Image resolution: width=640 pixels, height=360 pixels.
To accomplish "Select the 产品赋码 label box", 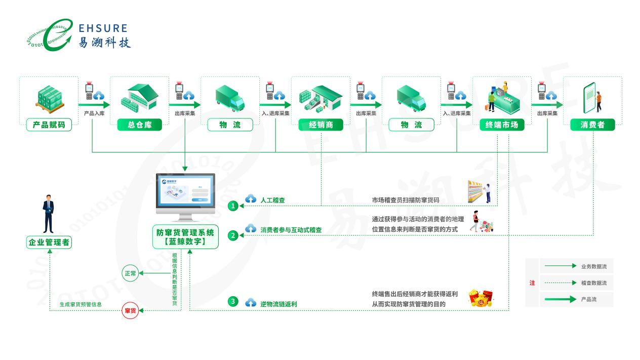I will (49, 125).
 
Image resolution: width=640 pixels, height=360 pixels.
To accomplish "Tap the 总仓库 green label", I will (139, 125).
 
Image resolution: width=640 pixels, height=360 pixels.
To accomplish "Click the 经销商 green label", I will (321, 125).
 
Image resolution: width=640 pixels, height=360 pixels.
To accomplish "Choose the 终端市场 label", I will (502, 125).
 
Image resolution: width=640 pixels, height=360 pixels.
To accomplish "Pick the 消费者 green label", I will (592, 125).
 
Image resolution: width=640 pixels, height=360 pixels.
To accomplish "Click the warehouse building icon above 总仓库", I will (139, 97).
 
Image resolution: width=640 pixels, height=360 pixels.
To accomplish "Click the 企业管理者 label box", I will (49, 243).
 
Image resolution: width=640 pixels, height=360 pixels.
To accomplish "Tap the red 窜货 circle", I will (130, 310).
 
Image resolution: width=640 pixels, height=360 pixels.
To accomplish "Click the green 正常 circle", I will (130, 273).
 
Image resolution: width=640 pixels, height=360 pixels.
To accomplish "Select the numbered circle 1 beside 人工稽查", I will (232, 206).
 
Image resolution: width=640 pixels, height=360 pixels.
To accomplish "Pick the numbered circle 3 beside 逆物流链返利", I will (232, 302).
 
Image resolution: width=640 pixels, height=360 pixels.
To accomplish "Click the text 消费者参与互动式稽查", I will (291, 230).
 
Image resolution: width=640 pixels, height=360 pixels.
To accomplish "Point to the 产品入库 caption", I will (94, 113).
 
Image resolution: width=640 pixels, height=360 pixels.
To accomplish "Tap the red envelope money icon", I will (480, 298).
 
